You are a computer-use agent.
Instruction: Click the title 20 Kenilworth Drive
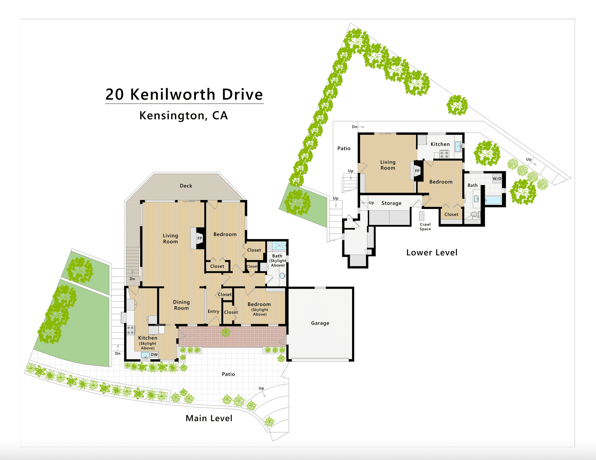pyautogui.click(x=184, y=94)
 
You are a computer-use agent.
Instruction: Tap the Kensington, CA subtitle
pyautogui.click(x=183, y=115)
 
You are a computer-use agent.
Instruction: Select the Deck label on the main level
pyautogui.click(x=186, y=186)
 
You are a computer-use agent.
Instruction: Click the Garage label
pyautogui.click(x=320, y=323)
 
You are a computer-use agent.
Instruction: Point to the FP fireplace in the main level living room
pyautogui.click(x=200, y=238)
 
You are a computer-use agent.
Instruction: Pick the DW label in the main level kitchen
pyautogui.click(x=154, y=354)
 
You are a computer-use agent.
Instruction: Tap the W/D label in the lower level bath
pyautogui.click(x=497, y=178)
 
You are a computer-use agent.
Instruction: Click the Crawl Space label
pyautogui.click(x=425, y=227)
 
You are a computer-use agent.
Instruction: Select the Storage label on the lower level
pyautogui.click(x=391, y=203)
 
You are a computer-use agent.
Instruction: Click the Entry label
pyautogui.click(x=213, y=311)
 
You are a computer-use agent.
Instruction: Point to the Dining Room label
pyautogui.click(x=181, y=305)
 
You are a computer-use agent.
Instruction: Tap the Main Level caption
pyautogui.click(x=209, y=418)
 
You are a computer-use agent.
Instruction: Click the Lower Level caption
pyautogui.click(x=432, y=252)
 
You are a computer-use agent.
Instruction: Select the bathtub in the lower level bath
pyautogui.click(x=493, y=200)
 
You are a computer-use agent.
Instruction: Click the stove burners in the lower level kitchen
pyautogui.click(x=444, y=154)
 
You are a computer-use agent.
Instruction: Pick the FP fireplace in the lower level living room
pyautogui.click(x=417, y=171)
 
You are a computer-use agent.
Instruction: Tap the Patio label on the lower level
pyautogui.click(x=344, y=148)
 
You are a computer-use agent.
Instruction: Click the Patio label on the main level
pyautogui.click(x=228, y=374)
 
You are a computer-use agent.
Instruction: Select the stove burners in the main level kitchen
pyautogui.click(x=130, y=330)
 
